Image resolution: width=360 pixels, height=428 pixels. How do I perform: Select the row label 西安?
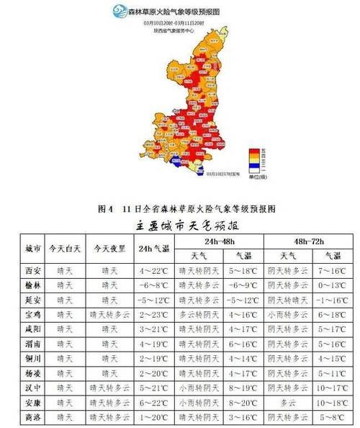coord(32,270)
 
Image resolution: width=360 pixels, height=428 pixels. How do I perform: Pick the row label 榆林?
coord(32,285)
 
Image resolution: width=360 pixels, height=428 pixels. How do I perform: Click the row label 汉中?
coord(32,388)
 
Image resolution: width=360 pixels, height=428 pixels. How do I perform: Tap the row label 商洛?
coord(32,417)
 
